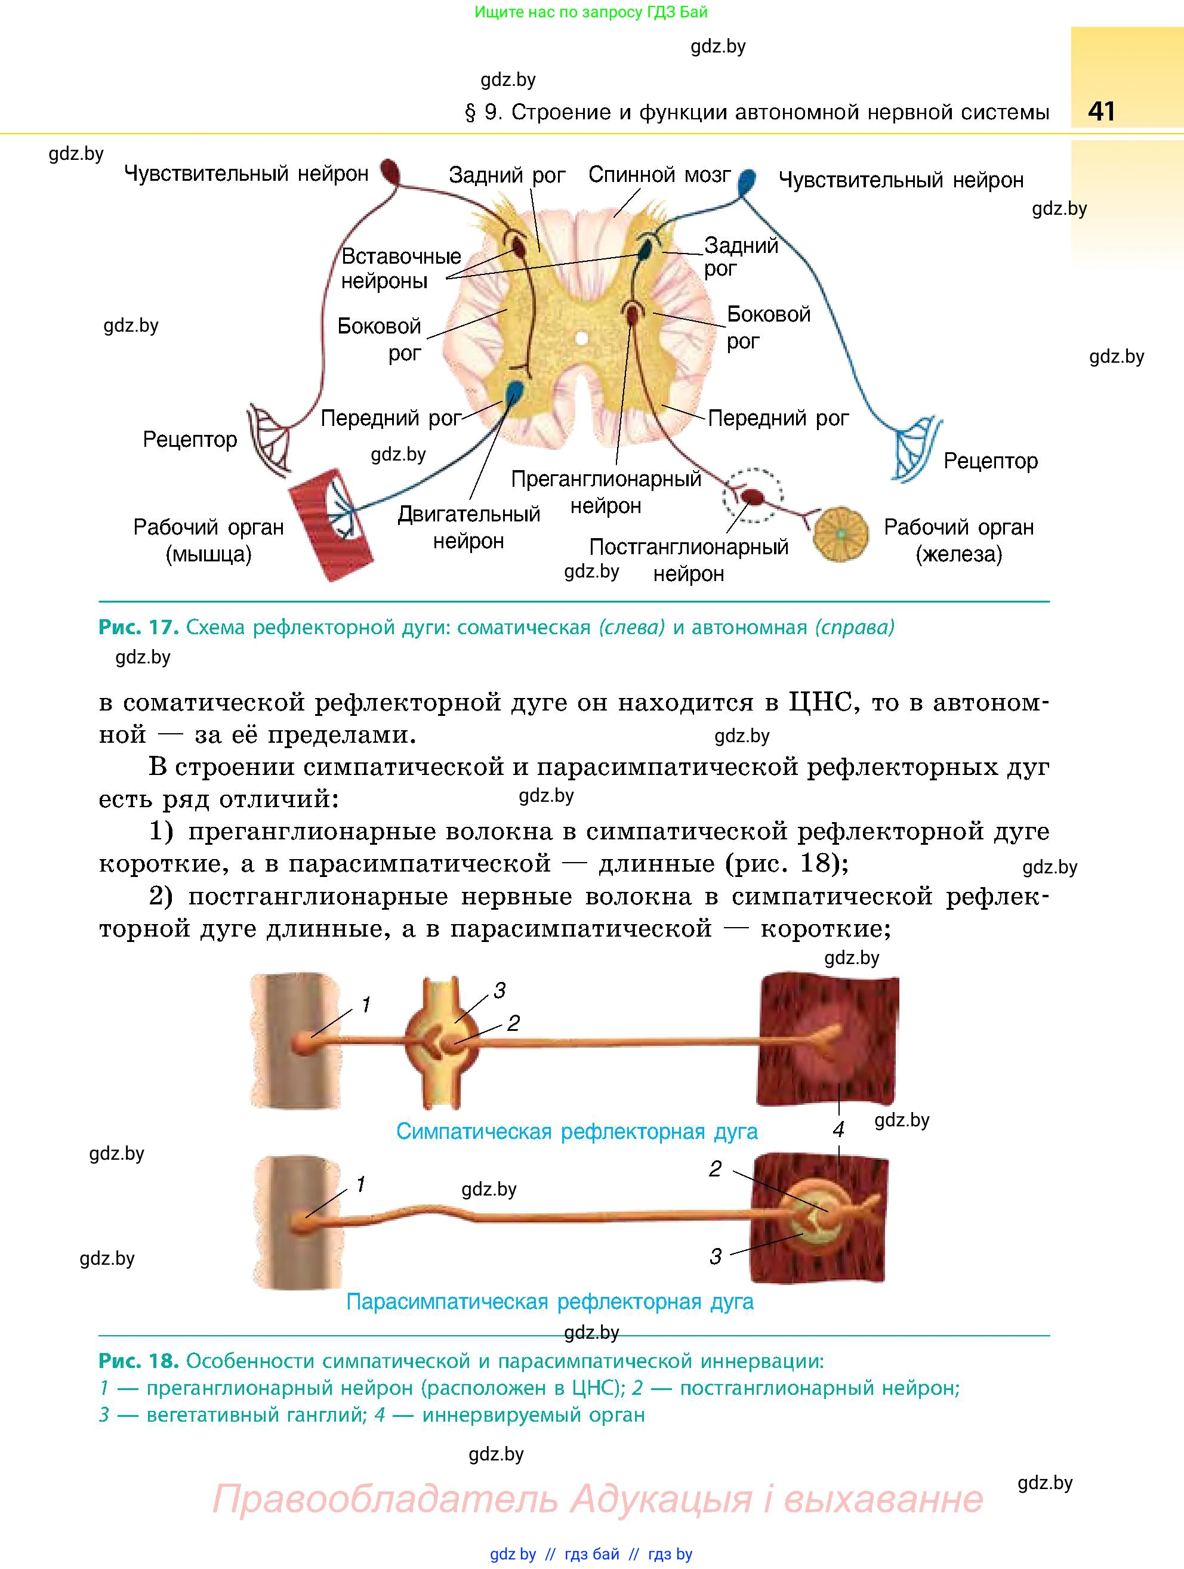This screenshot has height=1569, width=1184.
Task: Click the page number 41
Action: coord(1101,112)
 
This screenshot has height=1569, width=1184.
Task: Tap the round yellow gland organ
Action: coord(841,533)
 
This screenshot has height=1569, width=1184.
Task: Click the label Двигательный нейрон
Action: coord(469,527)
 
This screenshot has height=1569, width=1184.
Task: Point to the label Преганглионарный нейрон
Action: coord(606,492)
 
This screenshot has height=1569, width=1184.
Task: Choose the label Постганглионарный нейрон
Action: coord(689,560)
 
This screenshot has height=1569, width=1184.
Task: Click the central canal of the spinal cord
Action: coord(581,338)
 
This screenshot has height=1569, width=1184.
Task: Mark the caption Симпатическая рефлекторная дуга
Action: coord(576,1131)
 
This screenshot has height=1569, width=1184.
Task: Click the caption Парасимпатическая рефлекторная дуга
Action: coord(550,1302)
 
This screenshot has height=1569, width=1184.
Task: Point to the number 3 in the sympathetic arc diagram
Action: coord(499,991)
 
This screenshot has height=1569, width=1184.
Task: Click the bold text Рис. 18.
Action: coord(138,1360)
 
